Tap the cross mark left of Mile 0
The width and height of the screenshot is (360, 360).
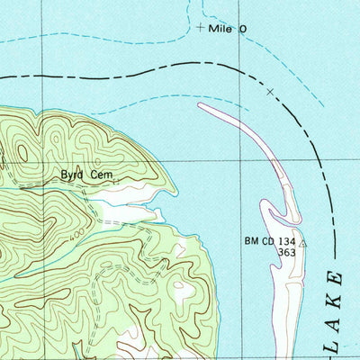click(x=200, y=28)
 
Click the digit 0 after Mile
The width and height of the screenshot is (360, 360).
click(x=241, y=30)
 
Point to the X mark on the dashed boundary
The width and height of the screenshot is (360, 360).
click(x=270, y=91)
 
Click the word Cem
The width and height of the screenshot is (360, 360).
click(x=103, y=175)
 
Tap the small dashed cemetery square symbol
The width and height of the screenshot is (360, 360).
click(x=116, y=181)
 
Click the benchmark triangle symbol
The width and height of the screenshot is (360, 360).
click(x=303, y=243)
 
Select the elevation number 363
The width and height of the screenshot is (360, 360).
click(x=287, y=253)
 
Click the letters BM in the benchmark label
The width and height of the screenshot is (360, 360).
click(x=252, y=241)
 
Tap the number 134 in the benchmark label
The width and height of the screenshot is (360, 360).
click(x=287, y=241)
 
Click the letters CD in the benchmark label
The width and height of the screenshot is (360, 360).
click(x=269, y=241)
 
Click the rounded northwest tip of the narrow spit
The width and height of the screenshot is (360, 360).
click(x=202, y=106)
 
